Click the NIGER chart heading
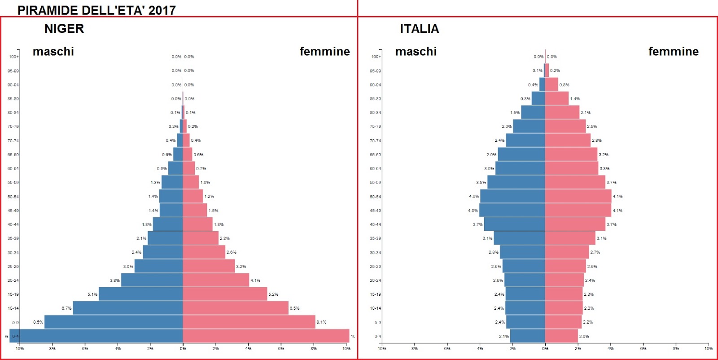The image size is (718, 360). [x=64, y=29]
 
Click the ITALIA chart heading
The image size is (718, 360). [x=419, y=29]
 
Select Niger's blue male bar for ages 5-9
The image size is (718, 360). [x=113, y=322]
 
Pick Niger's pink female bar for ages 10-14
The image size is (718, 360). [x=235, y=308]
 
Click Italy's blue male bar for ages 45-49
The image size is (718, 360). [x=512, y=210]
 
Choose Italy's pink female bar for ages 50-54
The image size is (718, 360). [x=578, y=196]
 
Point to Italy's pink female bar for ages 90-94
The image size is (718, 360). [x=552, y=84]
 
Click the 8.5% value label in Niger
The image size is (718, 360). [x=38, y=322]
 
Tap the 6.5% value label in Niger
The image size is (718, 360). [x=294, y=308]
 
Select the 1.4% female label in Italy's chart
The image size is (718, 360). [x=575, y=99]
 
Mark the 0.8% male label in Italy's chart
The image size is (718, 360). [x=525, y=99]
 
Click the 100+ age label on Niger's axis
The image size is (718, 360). [x=13, y=57]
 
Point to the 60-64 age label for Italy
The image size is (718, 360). [x=375, y=169]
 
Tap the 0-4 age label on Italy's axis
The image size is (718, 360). [x=377, y=336]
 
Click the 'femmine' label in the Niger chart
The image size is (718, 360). [x=324, y=52]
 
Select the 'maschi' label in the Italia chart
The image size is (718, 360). [x=416, y=52]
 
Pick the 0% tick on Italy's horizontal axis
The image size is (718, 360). [x=545, y=349]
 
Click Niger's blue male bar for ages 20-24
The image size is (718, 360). [x=152, y=280]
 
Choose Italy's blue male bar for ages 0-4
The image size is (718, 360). [x=527, y=336]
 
